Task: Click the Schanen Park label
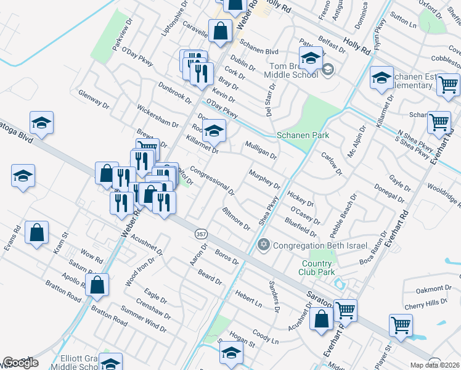point(303,135)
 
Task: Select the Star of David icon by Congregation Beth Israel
point(264,245)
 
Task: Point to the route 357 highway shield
point(201,234)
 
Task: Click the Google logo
point(20,363)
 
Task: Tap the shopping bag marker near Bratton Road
point(97,285)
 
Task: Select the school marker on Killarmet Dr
point(214,131)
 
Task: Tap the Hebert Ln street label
point(248,299)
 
